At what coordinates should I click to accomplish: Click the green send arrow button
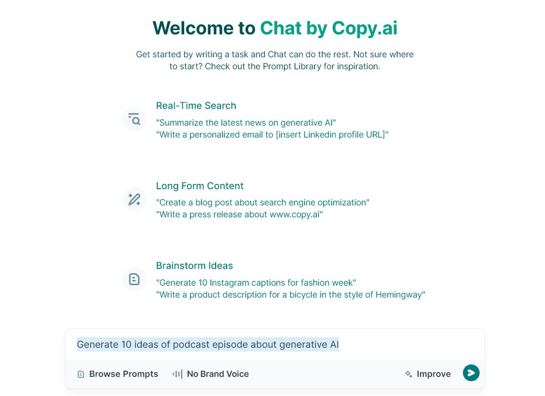click(x=471, y=373)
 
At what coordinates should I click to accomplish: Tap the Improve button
click(x=428, y=374)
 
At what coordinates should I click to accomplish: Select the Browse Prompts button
click(x=118, y=374)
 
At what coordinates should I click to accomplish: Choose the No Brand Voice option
click(x=211, y=374)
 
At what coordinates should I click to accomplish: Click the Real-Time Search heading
click(x=196, y=106)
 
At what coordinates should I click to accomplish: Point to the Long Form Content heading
click(x=199, y=186)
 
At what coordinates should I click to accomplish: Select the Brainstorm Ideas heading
click(x=194, y=266)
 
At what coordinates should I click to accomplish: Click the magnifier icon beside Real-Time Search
click(x=135, y=119)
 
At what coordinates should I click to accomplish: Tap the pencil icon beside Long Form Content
click(x=135, y=199)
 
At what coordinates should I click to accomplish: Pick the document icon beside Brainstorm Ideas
click(x=135, y=279)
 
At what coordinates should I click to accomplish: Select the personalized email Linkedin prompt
click(x=272, y=135)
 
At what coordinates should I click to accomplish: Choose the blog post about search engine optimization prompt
click(x=262, y=203)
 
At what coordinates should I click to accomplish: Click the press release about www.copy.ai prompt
click(x=239, y=214)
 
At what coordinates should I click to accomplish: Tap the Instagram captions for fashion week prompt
click(x=256, y=283)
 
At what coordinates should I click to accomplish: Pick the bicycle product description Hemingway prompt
click(x=290, y=295)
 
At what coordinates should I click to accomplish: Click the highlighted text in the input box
click(x=208, y=344)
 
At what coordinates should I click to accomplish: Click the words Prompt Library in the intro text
click(x=292, y=66)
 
